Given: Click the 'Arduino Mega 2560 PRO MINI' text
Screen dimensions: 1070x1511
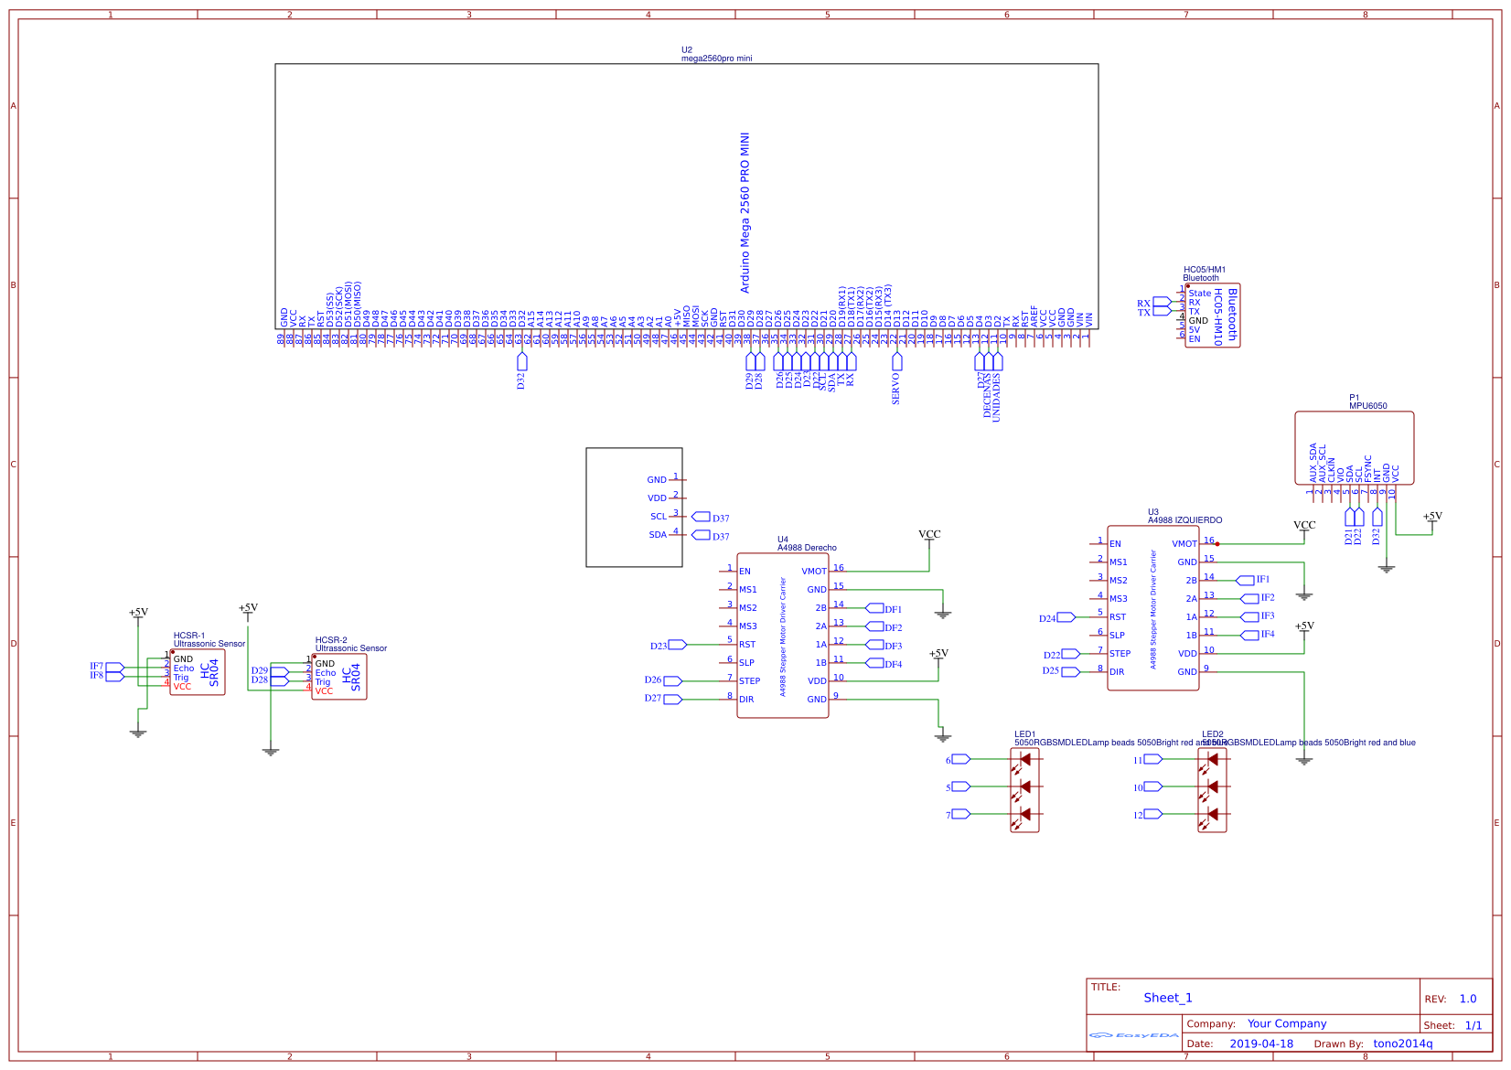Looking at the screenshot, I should tap(745, 212).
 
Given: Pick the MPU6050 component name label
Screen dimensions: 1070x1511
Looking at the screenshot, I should tap(1367, 406).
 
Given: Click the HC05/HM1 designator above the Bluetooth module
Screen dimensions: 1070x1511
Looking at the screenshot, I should tap(1204, 270).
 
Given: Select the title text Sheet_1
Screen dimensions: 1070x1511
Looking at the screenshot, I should tap(1167, 998).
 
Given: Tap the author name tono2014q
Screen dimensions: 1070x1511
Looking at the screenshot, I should tap(1402, 1043).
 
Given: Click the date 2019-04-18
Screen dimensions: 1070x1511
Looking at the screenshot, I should tap(1261, 1043).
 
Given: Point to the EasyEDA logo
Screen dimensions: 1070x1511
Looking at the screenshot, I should tap(1134, 1035).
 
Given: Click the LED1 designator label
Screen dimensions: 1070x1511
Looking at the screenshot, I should tap(1024, 734).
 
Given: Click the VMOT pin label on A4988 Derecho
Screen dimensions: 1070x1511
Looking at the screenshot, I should tap(813, 572).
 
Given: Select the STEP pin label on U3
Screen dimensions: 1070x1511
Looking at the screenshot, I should tap(1120, 654).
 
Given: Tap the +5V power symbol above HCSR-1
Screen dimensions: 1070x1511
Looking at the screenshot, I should tap(138, 613).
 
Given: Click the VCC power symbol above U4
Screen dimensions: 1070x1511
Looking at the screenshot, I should tap(929, 534).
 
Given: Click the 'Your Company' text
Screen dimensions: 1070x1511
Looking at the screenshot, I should tap(1286, 1023).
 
